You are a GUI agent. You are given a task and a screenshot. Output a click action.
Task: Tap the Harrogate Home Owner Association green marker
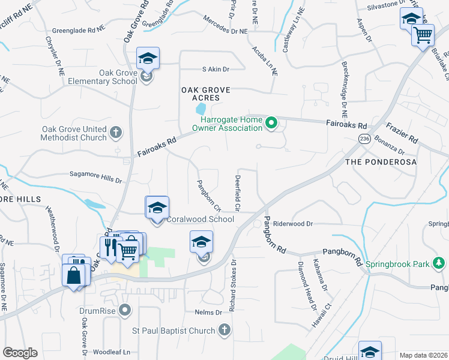click(271, 124)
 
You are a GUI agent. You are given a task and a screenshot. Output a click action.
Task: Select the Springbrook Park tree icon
click(439, 263)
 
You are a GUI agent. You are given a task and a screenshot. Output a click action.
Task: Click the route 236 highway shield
click(364, 139)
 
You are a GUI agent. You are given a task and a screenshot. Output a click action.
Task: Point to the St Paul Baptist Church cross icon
click(224, 330)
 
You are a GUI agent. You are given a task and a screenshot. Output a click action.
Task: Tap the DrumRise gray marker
click(125, 310)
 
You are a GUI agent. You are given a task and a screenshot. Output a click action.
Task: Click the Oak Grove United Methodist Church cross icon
click(116, 131)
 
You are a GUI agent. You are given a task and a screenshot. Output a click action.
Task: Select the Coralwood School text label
click(200, 219)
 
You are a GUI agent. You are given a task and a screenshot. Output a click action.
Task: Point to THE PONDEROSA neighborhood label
click(381, 163)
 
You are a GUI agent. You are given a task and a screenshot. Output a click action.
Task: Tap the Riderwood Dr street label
click(294, 223)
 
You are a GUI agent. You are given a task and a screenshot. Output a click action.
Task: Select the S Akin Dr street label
click(216, 70)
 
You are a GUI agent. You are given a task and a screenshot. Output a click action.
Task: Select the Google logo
click(20, 353)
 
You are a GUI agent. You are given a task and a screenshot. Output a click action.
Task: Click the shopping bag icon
click(73, 275)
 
